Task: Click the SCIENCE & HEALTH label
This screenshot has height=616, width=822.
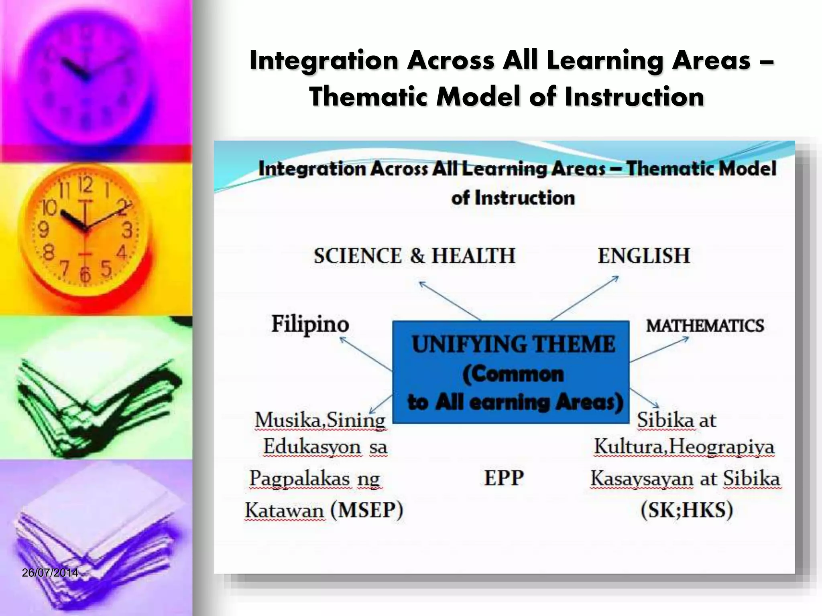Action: [414, 256]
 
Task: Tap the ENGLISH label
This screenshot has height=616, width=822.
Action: [643, 256]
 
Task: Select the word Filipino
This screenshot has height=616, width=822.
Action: [310, 324]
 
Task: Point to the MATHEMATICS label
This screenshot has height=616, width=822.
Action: [705, 325]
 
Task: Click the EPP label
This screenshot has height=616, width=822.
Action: [504, 478]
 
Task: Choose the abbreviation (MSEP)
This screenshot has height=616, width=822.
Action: [366, 510]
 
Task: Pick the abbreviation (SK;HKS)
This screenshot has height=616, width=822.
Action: [687, 510]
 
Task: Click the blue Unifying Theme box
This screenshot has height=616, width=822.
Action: [511, 372]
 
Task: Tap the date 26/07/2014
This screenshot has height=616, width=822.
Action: [50, 573]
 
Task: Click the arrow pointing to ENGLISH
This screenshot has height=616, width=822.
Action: [584, 298]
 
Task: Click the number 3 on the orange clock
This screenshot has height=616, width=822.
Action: [127, 231]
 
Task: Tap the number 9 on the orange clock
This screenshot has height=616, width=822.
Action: [43, 230]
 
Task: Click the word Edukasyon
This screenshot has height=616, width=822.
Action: [312, 447]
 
